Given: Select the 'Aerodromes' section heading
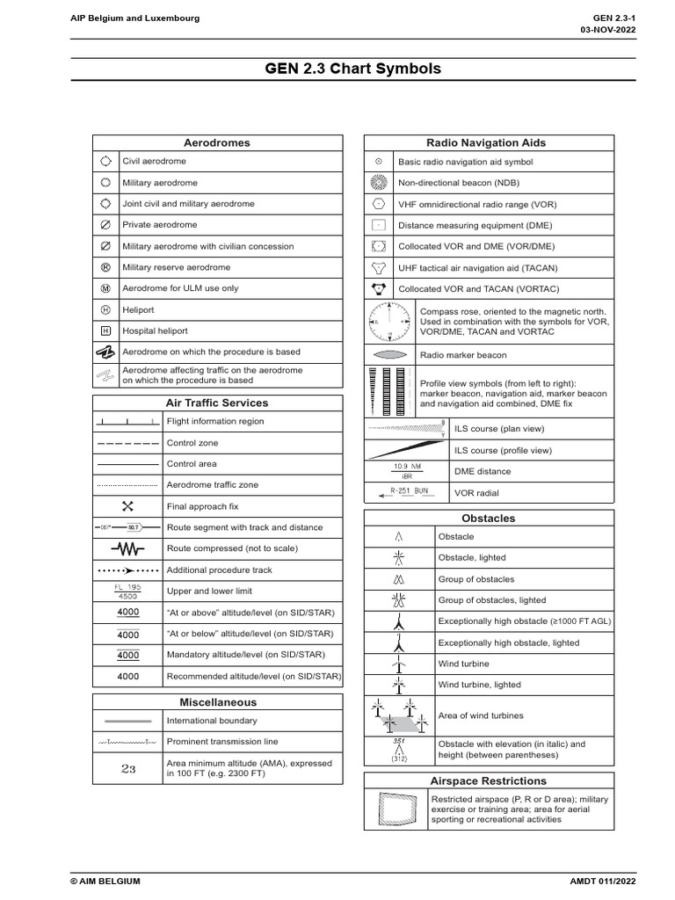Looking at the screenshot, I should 216,142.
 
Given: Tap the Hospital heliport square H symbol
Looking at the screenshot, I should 105,331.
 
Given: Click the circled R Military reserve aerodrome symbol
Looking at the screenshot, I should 105,267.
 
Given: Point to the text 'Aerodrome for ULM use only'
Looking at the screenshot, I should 179,288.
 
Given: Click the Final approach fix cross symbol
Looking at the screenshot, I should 127,506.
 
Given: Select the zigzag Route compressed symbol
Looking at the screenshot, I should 127,548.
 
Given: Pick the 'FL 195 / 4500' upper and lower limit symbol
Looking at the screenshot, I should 127,591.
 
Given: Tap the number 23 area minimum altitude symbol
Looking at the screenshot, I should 128,768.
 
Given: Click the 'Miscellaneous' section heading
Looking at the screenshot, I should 218,702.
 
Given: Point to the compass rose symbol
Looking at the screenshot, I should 388,323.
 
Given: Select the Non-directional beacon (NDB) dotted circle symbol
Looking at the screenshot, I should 378,183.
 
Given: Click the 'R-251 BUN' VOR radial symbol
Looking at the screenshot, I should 406,493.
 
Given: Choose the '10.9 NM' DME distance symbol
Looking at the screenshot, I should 406,471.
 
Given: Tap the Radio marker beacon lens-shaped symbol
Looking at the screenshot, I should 389,355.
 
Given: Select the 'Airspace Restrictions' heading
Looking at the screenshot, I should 488,780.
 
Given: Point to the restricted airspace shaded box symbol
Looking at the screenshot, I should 396,809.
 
